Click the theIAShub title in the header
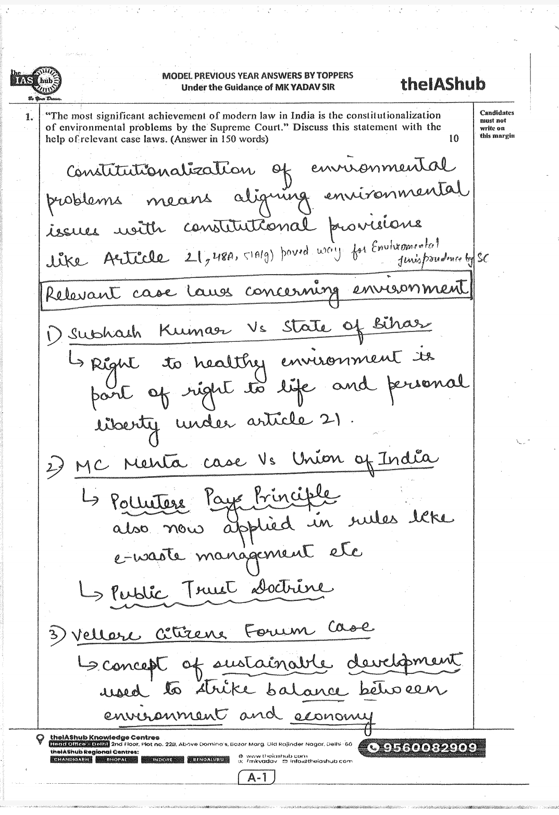pos(443,84)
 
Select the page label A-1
pos(255,777)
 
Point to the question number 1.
pos(29,116)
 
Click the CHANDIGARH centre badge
pos(71,760)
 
